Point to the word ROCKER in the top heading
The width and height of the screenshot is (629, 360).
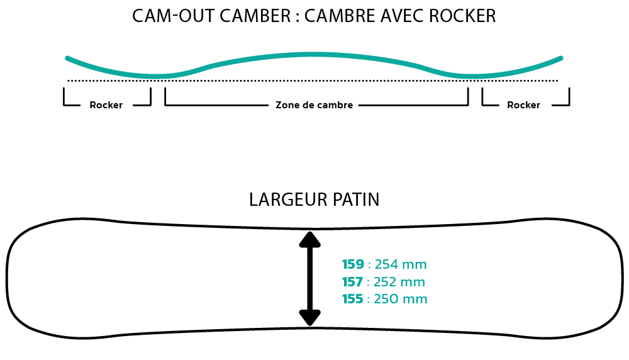(462, 16)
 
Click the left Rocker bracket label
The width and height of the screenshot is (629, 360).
(106, 105)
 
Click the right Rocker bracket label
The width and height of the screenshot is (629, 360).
(523, 105)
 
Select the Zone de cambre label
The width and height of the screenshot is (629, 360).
(314, 105)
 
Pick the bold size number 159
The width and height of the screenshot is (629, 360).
(353, 264)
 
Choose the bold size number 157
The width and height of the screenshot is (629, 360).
(353, 282)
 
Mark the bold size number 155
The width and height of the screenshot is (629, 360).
(353, 299)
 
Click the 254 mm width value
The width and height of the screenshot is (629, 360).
(401, 264)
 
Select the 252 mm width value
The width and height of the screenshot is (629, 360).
(399, 282)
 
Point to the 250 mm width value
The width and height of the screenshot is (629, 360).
(400, 299)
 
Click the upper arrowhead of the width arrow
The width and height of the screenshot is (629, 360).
(309, 239)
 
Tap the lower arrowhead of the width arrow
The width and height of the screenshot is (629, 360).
(309, 318)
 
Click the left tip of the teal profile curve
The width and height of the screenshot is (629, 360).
(67, 58)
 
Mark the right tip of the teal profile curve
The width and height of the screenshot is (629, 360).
(561, 58)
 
